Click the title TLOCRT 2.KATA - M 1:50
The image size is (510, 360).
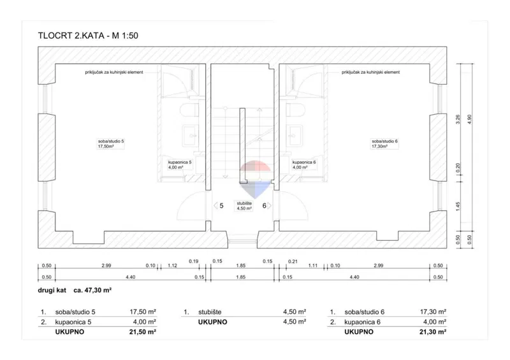88,36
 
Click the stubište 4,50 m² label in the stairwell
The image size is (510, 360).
244,206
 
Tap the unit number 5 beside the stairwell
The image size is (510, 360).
221,206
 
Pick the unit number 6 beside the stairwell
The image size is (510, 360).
264,206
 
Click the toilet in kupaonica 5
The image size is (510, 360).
189,110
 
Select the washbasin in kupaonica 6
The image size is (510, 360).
296,135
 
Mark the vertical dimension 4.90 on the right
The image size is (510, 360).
469,119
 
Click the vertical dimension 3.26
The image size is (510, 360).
458,119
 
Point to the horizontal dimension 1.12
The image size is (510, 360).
172,265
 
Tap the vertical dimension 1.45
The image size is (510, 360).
458,206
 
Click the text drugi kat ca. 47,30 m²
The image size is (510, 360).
75,290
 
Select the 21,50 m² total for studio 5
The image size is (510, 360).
142,332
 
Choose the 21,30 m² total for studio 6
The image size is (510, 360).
433,332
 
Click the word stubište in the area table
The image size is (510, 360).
210,312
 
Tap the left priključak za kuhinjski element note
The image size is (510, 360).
114,72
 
